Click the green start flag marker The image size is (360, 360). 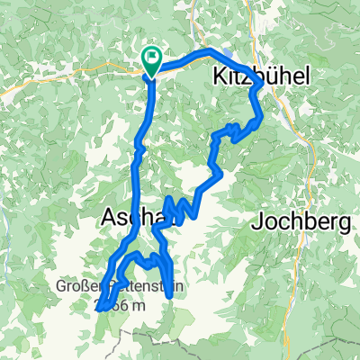[x=151, y=63]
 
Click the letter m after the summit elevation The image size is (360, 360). [x=137, y=306]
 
